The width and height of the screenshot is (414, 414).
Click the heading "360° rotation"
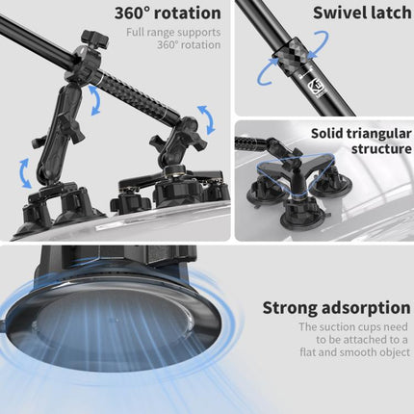[168, 14]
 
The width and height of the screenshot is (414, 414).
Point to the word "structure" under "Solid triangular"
[374, 152]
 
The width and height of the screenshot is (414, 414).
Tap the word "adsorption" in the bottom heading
[369, 308]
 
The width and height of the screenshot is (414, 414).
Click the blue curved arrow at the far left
[24, 173]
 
